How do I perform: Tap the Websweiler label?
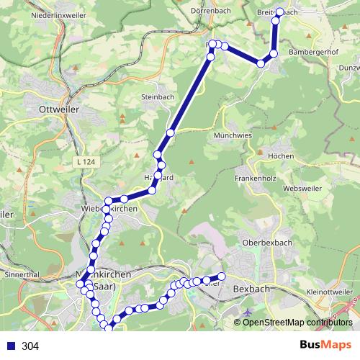pyautogui.click(x=305, y=188)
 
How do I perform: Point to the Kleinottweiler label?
pyautogui.click(x=330, y=292)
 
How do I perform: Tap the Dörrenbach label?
pyautogui.click(x=210, y=12)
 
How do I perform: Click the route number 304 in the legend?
pyautogui.click(x=30, y=346)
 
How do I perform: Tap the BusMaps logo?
pyautogui.click(x=326, y=346)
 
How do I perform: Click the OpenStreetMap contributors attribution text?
pyautogui.click(x=297, y=322)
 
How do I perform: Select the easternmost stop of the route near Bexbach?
pyautogui.click(x=222, y=276)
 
